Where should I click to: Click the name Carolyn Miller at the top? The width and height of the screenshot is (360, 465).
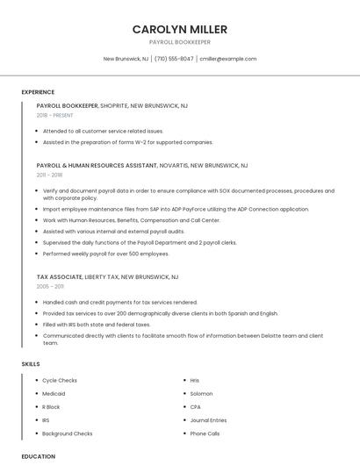[179, 29]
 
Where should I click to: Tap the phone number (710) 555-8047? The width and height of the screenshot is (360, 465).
[174, 59]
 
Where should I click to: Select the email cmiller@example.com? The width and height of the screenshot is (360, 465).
[227, 59]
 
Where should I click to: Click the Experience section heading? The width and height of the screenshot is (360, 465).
[38, 92]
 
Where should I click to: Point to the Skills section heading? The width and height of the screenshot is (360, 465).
[30, 363]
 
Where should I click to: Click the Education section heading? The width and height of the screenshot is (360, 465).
[38, 456]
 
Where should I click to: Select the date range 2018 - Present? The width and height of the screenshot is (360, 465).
[55, 115]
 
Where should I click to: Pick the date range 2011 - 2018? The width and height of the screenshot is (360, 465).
[50, 175]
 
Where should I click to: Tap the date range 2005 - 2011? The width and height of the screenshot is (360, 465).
[50, 286]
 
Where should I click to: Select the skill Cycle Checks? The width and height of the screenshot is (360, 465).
[60, 381]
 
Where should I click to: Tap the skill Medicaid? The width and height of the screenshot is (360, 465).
[54, 394]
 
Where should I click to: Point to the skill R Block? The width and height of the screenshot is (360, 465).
[51, 407]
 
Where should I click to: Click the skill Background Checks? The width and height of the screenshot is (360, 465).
[67, 433]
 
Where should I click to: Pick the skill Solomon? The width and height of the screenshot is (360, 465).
[201, 394]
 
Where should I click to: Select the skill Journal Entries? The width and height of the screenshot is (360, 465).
[208, 420]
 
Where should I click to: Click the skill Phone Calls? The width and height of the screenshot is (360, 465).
[205, 433]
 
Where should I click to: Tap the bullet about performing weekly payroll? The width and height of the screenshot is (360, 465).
[105, 254]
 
